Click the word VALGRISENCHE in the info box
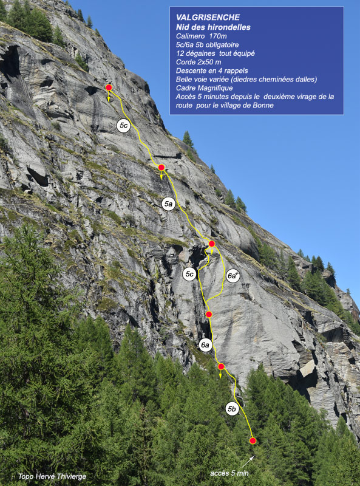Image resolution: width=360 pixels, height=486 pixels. coord(208,17)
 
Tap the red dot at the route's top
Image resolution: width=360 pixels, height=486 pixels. coord(109,87)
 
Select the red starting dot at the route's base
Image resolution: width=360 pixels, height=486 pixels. coord(253,440)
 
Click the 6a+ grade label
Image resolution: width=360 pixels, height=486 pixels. coord(233,276)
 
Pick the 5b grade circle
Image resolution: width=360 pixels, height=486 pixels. coord(232,409)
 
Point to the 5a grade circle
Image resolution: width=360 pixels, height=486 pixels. coord(168,204)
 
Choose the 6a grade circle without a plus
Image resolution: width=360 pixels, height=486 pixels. coord(205,344)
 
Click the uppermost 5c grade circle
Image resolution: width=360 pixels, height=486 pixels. coord(123,125)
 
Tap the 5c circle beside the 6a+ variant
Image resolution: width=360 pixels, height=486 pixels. coord(189,275)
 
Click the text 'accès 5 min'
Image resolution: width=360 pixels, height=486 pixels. coord(229,473)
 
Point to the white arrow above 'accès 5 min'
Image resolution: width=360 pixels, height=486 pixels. coord(248,461)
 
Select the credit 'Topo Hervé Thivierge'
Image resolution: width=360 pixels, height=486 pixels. coord(52,476)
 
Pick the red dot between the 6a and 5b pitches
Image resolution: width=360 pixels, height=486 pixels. coord(221,366)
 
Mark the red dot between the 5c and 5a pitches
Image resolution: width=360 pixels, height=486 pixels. coord(161,168)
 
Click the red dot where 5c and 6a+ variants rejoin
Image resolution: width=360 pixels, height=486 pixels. coord(212,244)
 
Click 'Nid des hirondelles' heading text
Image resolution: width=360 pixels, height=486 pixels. coord(213,27)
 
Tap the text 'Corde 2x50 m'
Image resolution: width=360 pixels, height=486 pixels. coord(199,62)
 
